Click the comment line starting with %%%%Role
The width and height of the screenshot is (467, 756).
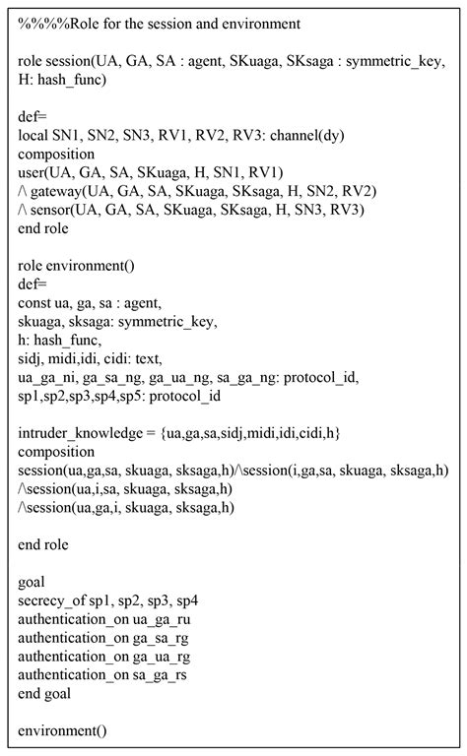[x=159, y=22]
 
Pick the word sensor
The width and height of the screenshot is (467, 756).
[x=55, y=209]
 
